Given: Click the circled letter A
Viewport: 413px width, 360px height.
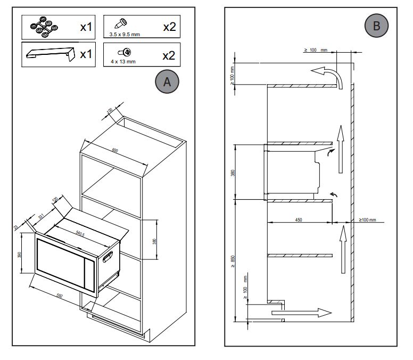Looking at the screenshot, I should pos(167,81).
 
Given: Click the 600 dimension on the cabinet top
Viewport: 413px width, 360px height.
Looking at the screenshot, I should pos(115,151).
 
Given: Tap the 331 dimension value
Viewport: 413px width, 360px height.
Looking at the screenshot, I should pos(41,215).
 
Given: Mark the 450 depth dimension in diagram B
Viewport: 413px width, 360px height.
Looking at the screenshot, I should pos(299,219).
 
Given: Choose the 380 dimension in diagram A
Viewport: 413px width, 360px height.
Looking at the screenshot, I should pos(154,241).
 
